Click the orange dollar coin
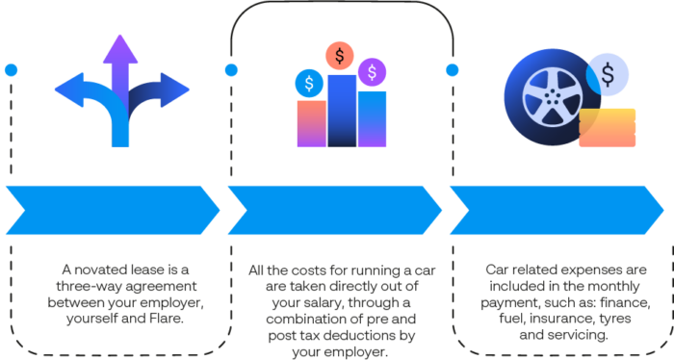(x=338, y=56)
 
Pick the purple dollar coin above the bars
(x=371, y=70)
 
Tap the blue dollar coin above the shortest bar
(x=309, y=83)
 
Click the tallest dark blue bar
(x=341, y=110)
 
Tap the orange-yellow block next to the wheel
(x=608, y=127)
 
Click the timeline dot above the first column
(x=11, y=70)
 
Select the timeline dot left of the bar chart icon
(x=230, y=70)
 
